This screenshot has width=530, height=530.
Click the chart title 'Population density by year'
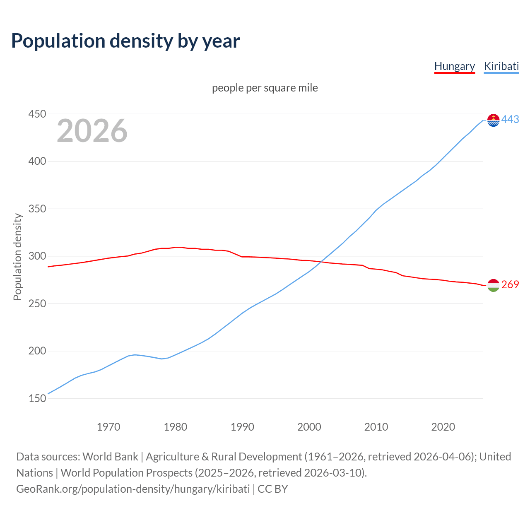click(x=125, y=41)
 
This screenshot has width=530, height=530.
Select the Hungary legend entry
click(x=454, y=66)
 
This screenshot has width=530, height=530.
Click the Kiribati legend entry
click(x=501, y=66)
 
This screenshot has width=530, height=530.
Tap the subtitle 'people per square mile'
click(x=265, y=88)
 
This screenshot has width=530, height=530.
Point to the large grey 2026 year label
click(x=92, y=131)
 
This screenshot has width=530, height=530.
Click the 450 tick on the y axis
click(x=37, y=114)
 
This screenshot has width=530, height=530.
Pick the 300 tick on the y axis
click(x=37, y=256)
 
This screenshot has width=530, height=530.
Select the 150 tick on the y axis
click(x=37, y=398)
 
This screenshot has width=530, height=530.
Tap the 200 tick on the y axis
click(x=37, y=351)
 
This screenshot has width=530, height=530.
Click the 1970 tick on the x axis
click(x=108, y=427)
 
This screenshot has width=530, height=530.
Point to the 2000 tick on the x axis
click(x=309, y=427)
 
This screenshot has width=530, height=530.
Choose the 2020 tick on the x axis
click(x=443, y=427)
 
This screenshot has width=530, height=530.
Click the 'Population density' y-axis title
click(x=17, y=257)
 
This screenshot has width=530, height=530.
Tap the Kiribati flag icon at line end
click(x=493, y=120)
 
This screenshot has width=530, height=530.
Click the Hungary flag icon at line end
click(x=493, y=285)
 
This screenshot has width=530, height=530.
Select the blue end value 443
click(x=510, y=120)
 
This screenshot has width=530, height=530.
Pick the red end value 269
click(x=510, y=285)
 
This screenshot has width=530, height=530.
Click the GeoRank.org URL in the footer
click(x=133, y=489)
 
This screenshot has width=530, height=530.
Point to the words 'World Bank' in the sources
click(x=110, y=457)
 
